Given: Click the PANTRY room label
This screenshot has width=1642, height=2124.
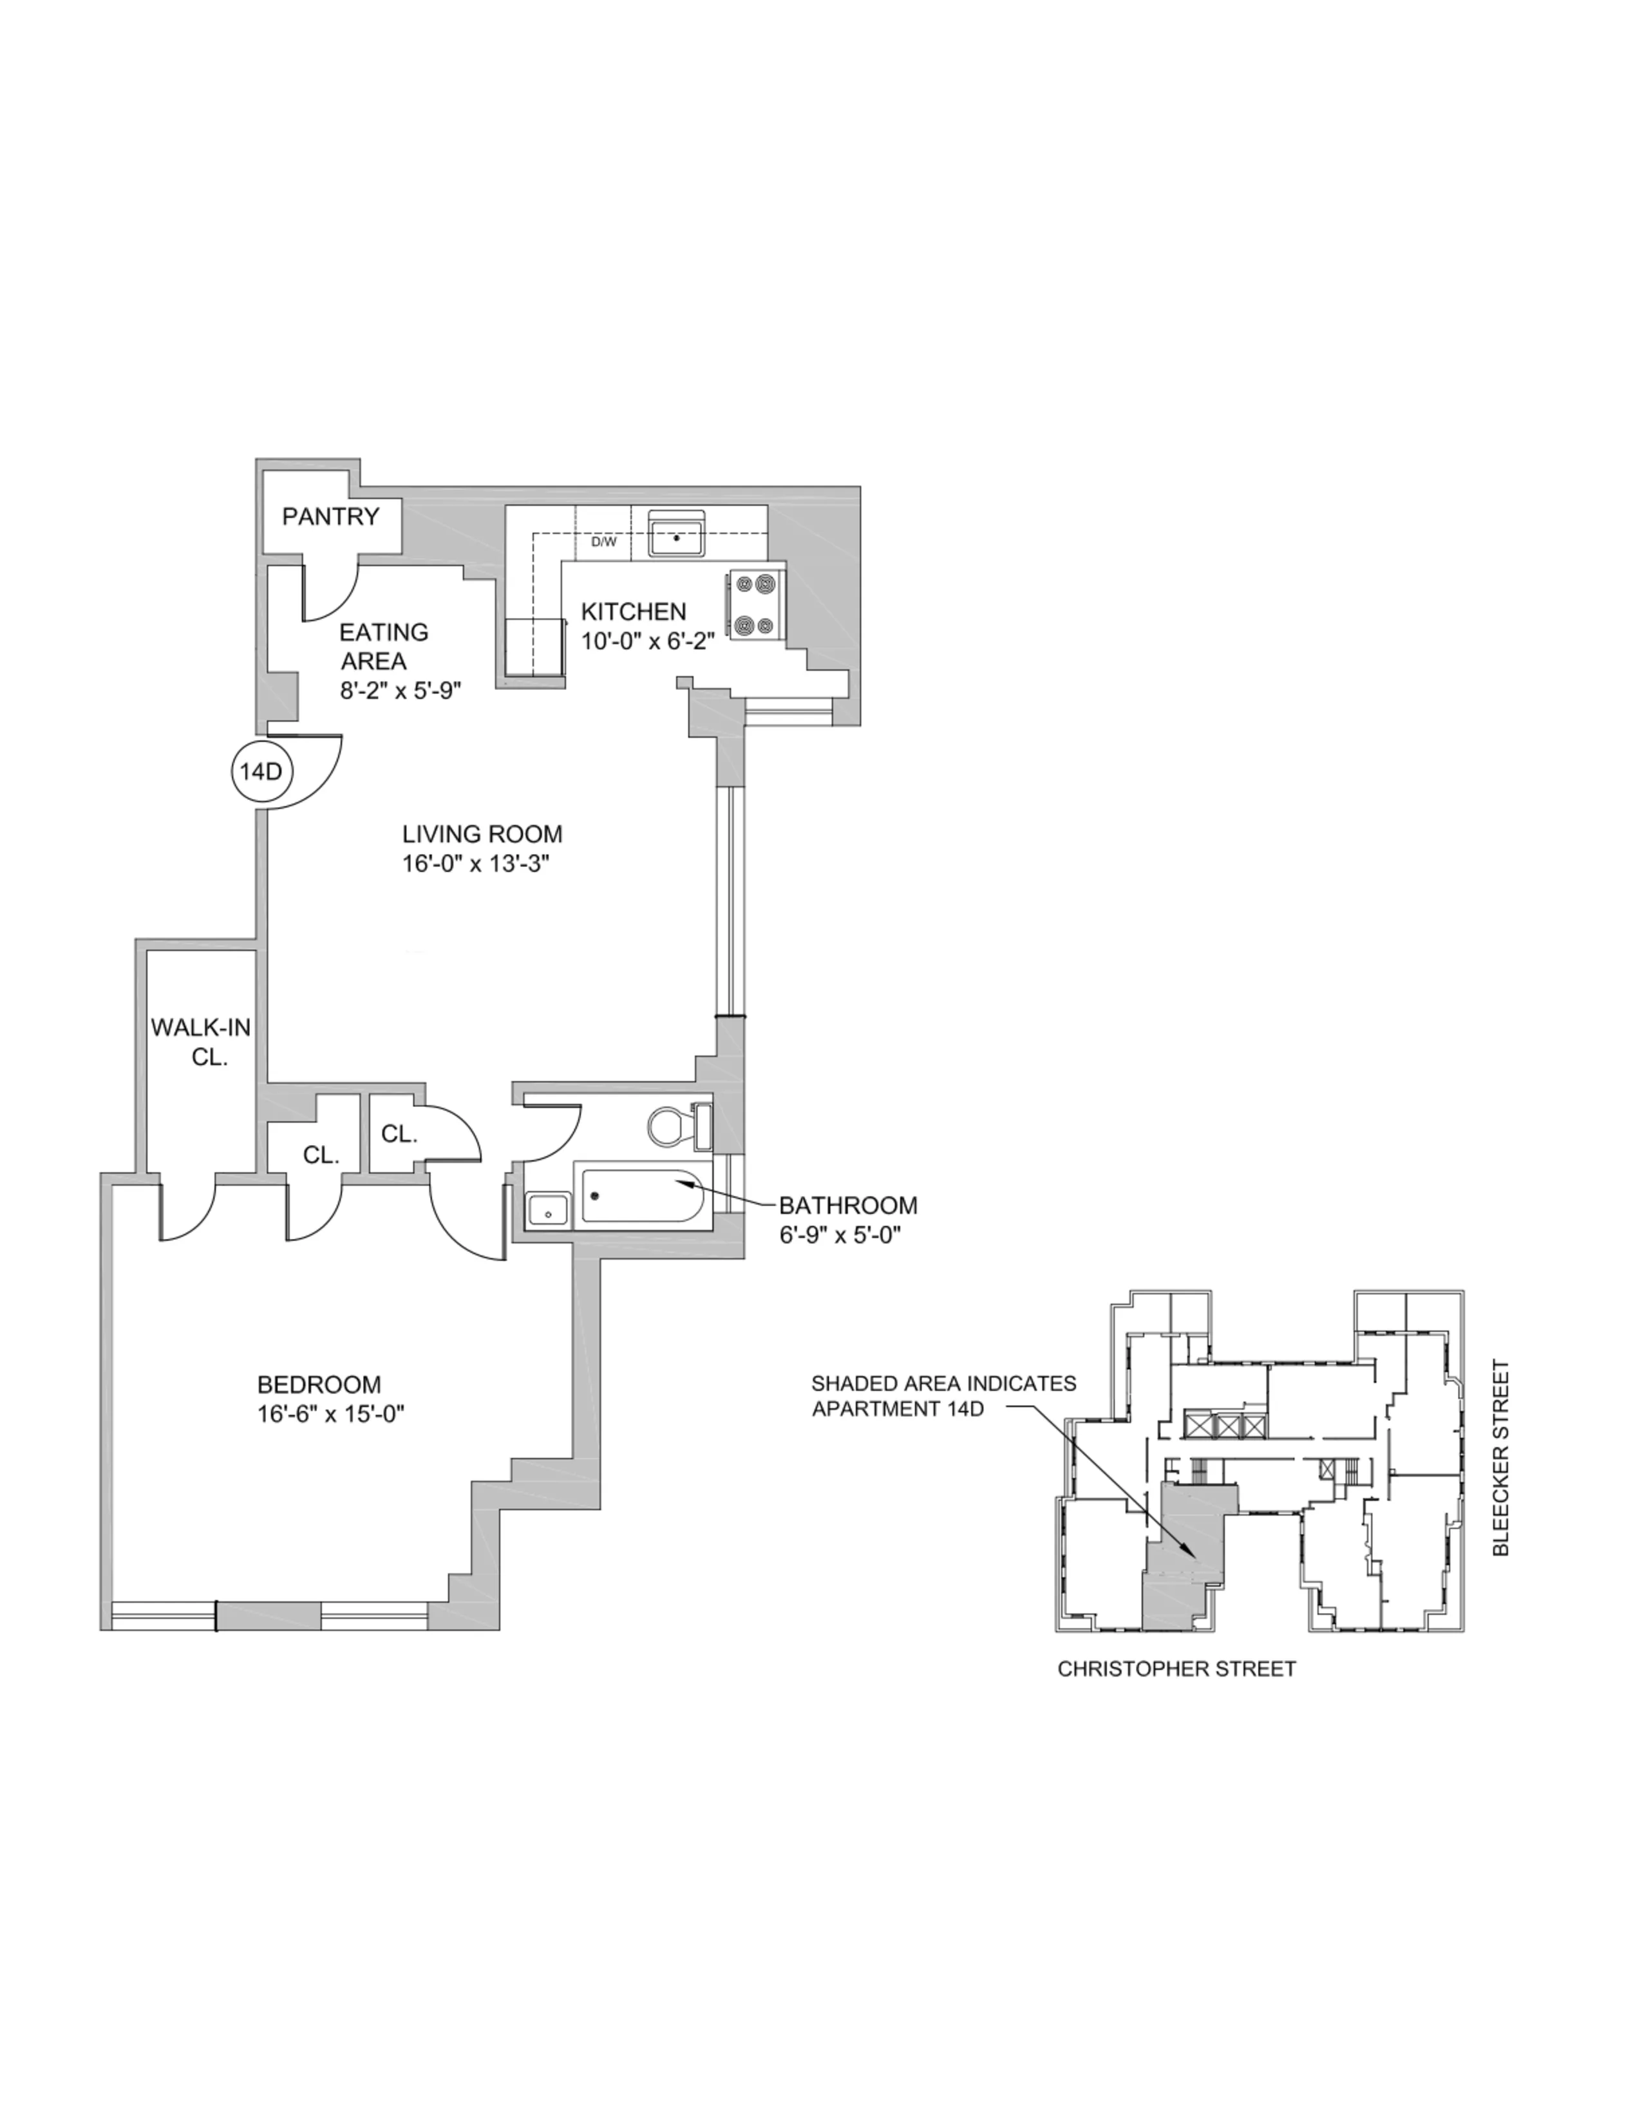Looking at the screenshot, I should [330, 516].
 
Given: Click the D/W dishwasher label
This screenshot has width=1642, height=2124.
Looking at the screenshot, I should [603, 542].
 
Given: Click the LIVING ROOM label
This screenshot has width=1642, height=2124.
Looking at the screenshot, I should [482, 834].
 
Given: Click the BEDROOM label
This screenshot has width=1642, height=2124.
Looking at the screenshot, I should [319, 1384].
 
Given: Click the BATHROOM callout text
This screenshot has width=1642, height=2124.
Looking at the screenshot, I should [847, 1206].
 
